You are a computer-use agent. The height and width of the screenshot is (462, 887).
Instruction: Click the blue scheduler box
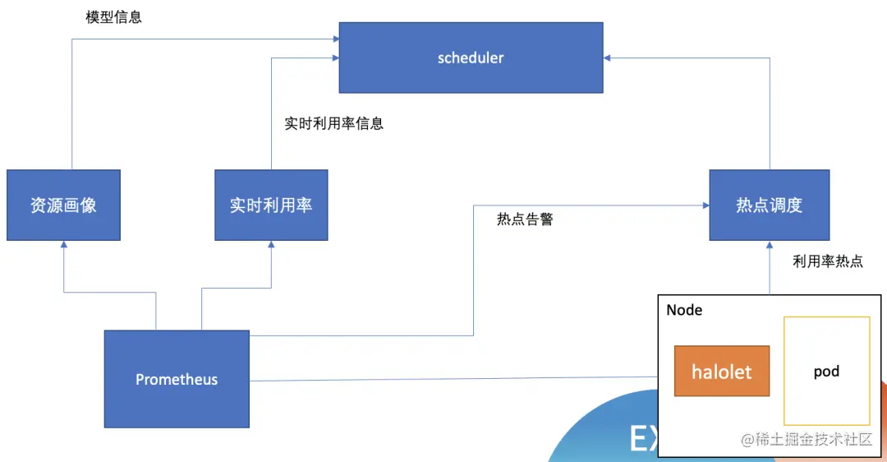tap(471, 58)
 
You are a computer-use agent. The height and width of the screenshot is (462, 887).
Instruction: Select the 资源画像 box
tap(63, 206)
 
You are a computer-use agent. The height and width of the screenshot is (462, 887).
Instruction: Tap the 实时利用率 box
tap(271, 206)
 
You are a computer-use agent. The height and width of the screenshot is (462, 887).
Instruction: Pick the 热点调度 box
tap(769, 206)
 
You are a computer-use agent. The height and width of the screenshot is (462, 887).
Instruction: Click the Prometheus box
tap(177, 379)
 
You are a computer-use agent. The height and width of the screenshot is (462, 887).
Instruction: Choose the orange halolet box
tap(722, 372)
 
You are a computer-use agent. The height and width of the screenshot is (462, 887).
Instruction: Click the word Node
tap(684, 310)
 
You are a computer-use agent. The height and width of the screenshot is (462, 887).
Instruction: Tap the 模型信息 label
tap(114, 17)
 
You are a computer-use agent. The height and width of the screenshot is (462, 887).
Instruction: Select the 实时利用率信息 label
tap(334, 124)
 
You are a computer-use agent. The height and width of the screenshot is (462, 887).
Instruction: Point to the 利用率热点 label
tap(828, 261)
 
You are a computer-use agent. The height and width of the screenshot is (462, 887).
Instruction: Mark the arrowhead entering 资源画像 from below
tap(63, 246)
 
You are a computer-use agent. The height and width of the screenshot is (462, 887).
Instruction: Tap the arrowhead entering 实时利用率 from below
tap(271, 246)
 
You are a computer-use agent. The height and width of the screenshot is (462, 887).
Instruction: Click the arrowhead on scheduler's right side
tap(609, 58)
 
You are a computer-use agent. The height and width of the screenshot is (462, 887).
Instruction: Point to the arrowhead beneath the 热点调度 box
tap(770, 246)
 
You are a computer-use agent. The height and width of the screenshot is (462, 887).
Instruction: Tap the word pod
tap(826, 372)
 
